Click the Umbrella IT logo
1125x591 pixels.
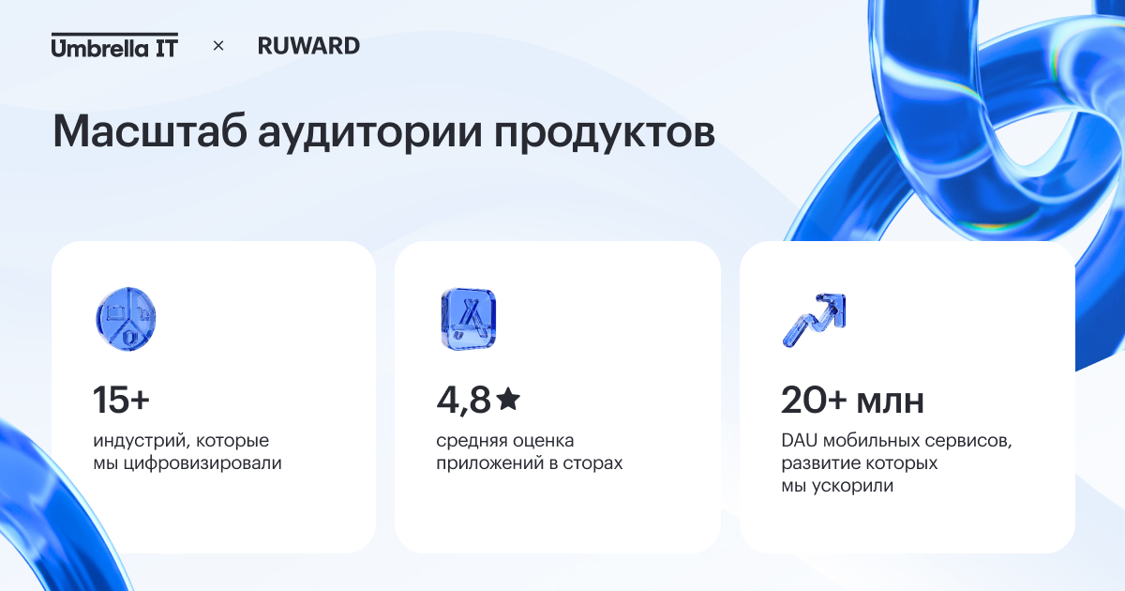[114, 45]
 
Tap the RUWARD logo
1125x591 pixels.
[308, 46]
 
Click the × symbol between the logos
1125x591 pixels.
[218, 46]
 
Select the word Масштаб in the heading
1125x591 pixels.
[150, 131]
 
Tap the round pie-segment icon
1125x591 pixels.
[126, 319]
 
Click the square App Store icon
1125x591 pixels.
[469, 319]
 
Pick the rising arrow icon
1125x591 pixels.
[814, 320]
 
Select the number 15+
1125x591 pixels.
[121, 400]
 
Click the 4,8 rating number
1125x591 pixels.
[463, 401]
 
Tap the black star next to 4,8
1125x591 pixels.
[508, 399]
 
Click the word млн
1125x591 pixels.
[890, 402]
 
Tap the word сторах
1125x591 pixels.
[592, 463]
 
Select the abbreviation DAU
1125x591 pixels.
[800, 441]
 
